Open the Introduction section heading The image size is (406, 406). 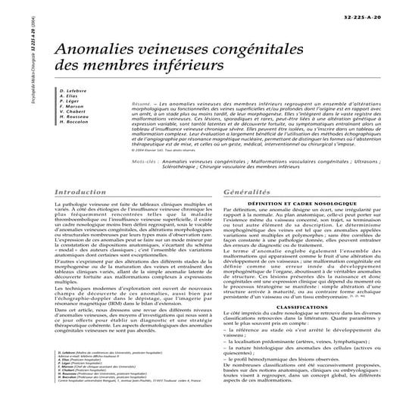coord(81,193)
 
